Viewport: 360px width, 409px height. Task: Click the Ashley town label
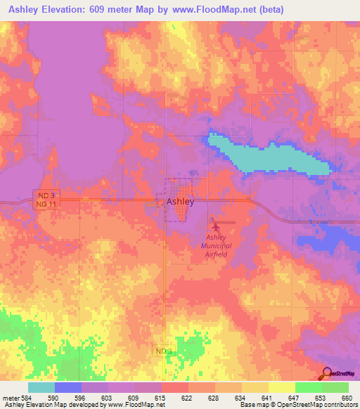pos(180,201)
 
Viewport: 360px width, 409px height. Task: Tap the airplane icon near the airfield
pos(217,226)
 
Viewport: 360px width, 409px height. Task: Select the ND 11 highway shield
pos(45,204)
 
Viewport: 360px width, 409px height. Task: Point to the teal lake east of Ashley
pos(274,157)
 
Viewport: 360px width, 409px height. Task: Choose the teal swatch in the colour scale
pos(41,387)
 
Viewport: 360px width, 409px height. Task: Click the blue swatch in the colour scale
pos(68,387)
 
